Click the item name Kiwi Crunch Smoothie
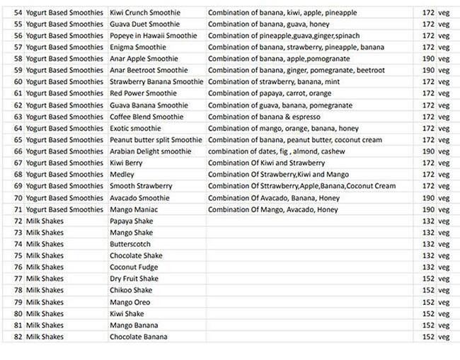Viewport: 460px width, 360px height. (144, 13)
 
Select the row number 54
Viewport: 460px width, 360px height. (18, 13)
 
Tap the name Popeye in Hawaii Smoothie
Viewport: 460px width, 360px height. (153, 35)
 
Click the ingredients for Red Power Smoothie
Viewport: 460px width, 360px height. (270, 93)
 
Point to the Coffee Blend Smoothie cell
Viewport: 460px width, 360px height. (146, 117)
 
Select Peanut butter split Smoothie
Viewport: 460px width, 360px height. (155, 140)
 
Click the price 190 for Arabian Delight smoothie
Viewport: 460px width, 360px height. (427, 151)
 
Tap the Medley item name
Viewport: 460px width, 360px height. (121, 175)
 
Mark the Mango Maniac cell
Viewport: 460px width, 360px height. (134, 209)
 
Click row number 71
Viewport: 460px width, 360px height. (18, 209)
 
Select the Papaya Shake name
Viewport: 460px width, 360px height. (131, 221)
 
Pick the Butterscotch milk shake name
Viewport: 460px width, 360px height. (130, 244)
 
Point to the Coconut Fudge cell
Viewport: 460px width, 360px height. (134, 267)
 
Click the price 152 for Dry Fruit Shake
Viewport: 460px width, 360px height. (427, 279)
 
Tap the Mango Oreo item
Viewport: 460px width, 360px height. (130, 302)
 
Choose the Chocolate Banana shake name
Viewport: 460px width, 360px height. (138, 337)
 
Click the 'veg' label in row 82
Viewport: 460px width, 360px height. (443, 337)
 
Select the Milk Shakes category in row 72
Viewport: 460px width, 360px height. (45, 221)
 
